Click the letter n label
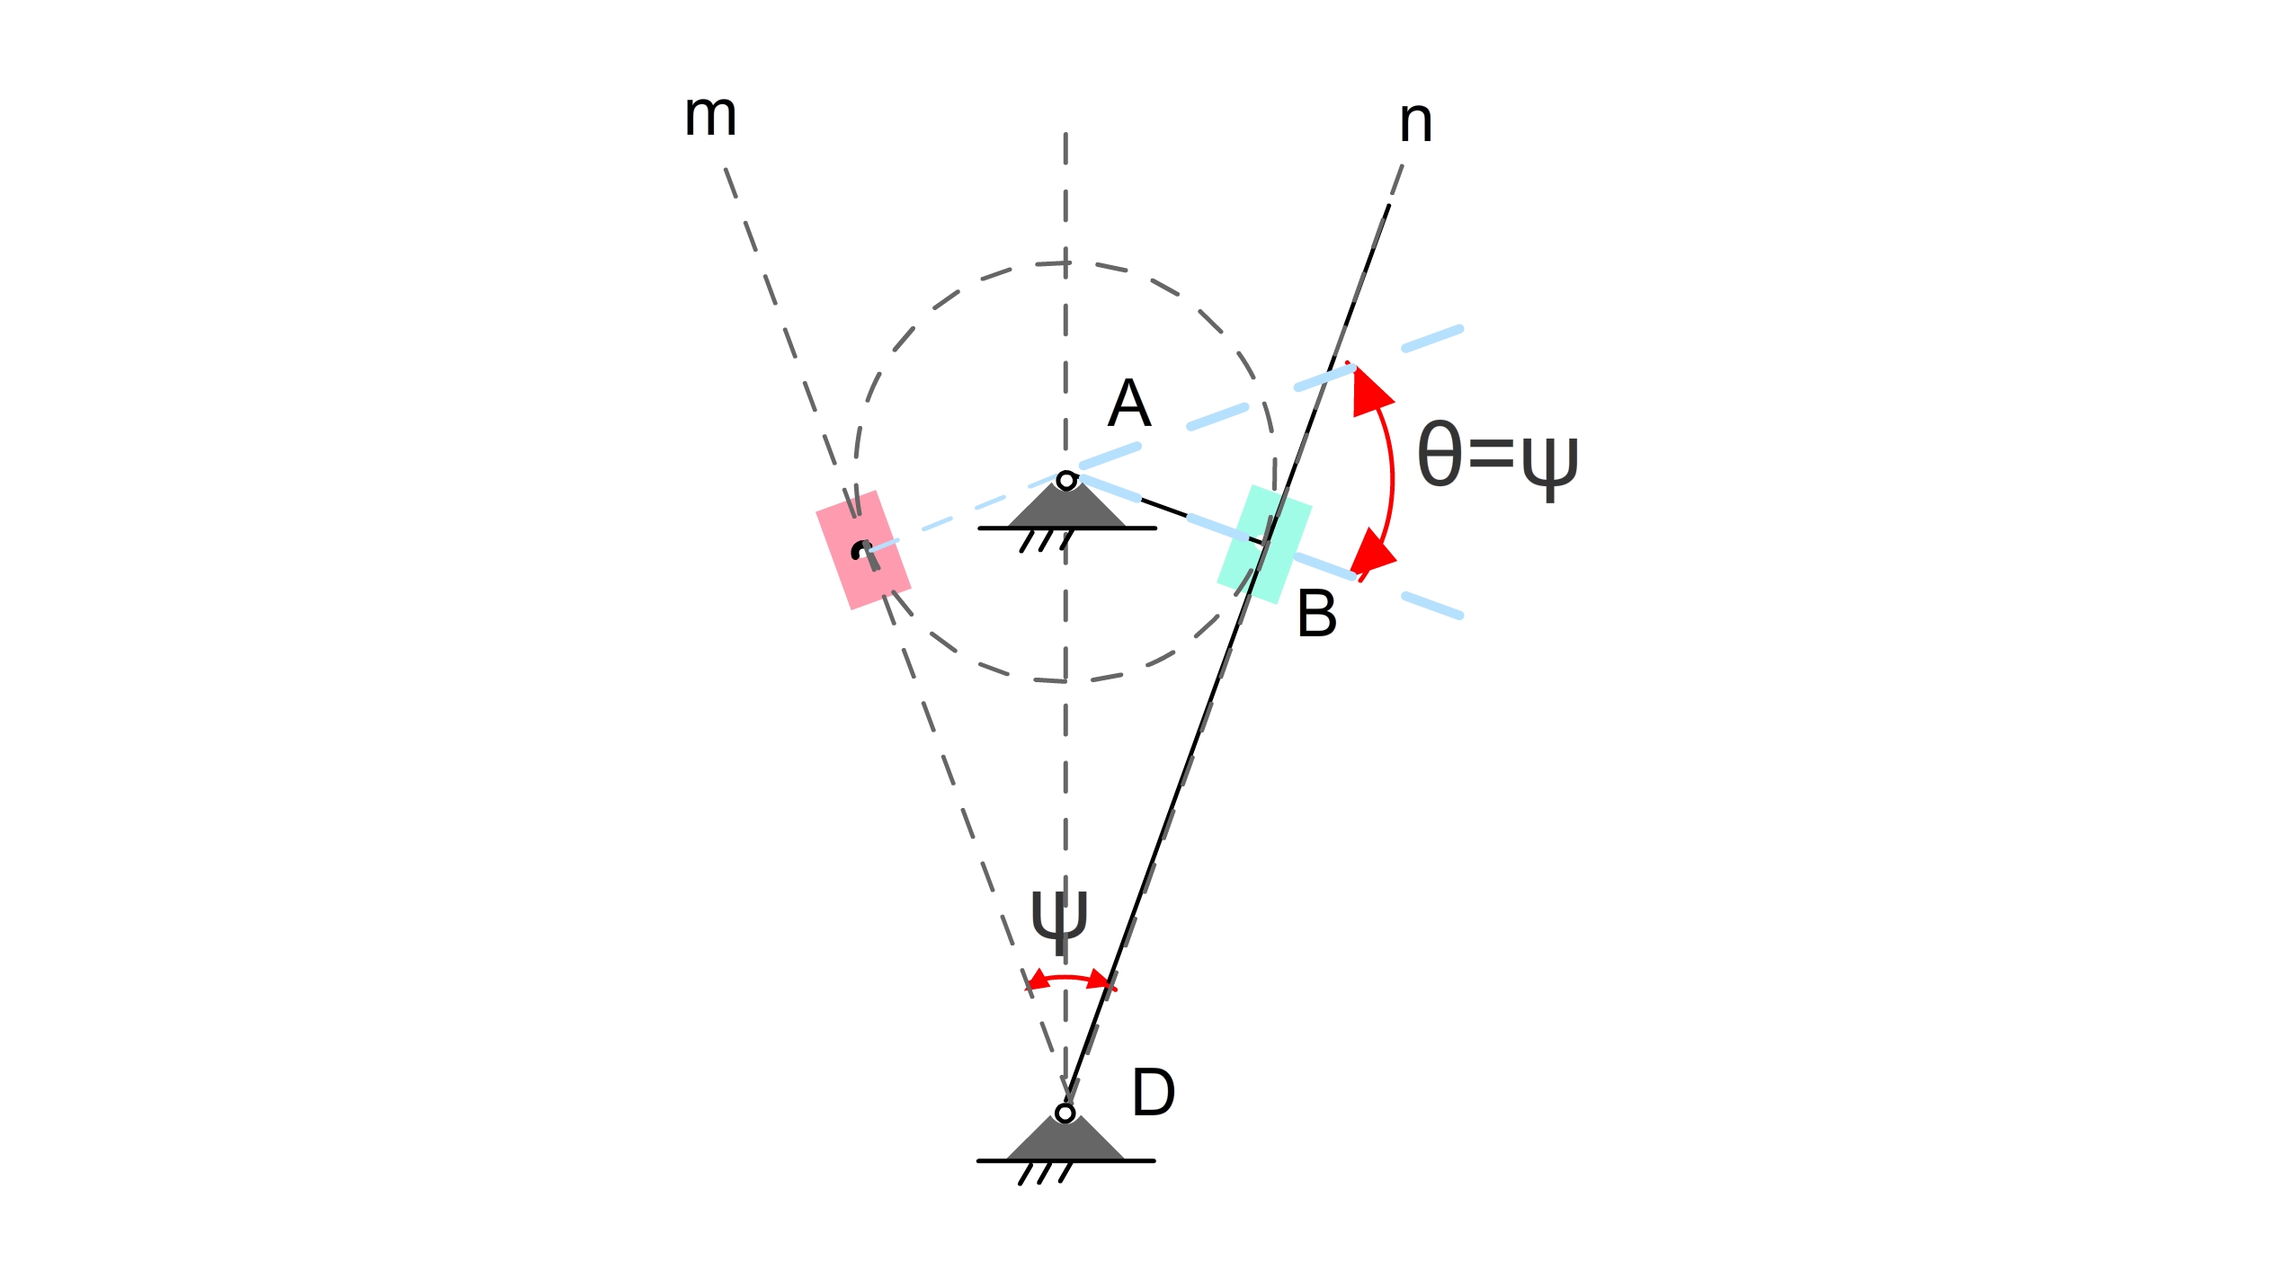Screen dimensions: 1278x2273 (1415, 122)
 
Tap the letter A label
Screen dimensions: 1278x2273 (1129, 404)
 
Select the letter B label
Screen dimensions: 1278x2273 (1317, 615)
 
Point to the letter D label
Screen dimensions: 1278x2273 (1154, 1093)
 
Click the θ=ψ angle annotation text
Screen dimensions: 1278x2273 (1498, 457)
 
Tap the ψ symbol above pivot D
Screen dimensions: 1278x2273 (1059, 921)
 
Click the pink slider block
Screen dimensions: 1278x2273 (863, 550)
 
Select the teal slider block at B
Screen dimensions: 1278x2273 (1264, 544)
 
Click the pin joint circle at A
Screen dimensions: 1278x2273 (1066, 481)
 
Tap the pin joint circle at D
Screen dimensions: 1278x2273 (1065, 1114)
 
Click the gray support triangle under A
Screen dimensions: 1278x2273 (1066, 510)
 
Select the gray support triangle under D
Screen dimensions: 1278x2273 (1065, 1142)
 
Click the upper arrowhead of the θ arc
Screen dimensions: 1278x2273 (1369, 393)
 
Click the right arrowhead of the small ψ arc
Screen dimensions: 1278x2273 (1099, 981)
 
